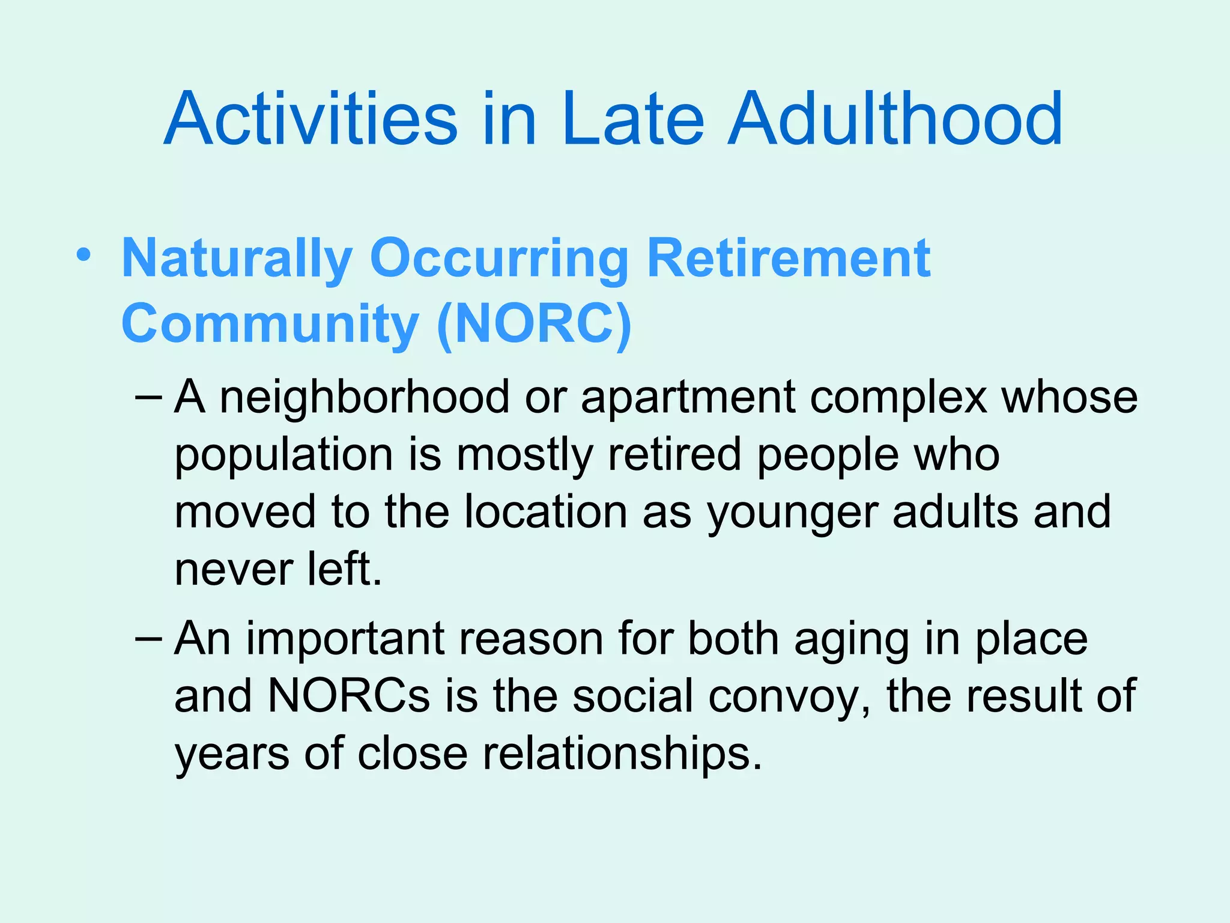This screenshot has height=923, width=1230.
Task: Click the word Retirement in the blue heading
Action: (x=789, y=258)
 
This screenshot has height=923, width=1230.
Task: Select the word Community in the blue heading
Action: (x=270, y=324)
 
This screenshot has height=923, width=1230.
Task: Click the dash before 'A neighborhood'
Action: (x=148, y=398)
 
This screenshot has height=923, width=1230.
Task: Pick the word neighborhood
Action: (x=364, y=398)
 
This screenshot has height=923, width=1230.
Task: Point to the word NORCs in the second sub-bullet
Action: (x=349, y=696)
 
